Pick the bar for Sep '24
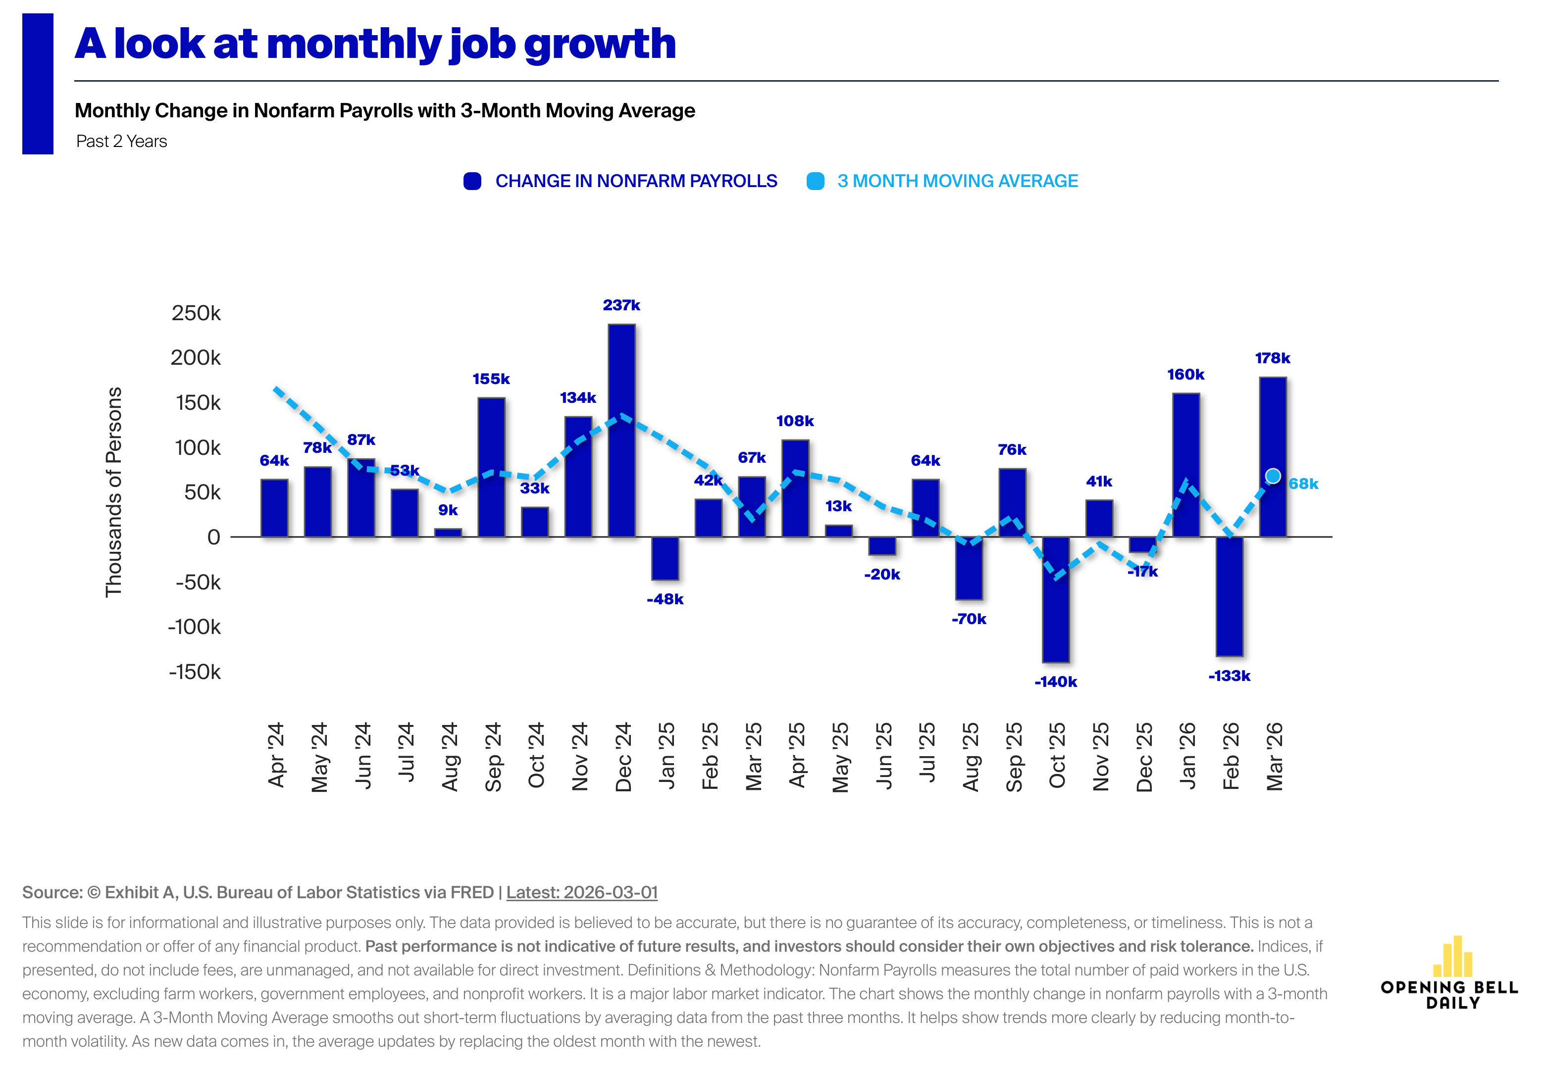pyautogui.click(x=491, y=468)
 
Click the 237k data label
pyautogui.click(x=621, y=305)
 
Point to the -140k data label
pyautogui.click(x=1056, y=682)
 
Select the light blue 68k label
pyautogui.click(x=1303, y=484)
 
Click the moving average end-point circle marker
pyautogui.click(x=1273, y=476)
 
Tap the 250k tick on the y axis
pyautogui.click(x=196, y=313)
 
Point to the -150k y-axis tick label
pyautogui.click(x=195, y=672)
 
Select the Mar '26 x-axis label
pyautogui.click(x=1274, y=756)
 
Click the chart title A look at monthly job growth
pyautogui.click(x=375, y=44)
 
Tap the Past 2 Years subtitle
pyautogui.click(x=122, y=142)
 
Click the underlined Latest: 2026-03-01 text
pyautogui.click(x=581, y=892)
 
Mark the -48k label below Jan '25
pyautogui.click(x=665, y=599)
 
